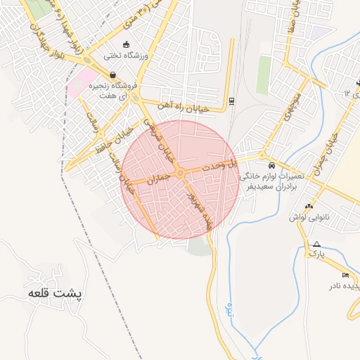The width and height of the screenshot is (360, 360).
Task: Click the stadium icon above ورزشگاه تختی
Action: pos(127,44)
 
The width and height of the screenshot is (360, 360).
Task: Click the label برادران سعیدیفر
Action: pos(267,188)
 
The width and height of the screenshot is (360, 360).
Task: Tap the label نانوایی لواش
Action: pos(307,217)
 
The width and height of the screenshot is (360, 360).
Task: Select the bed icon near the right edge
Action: pos(345,274)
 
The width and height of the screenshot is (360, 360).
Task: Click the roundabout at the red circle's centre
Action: pos(180,173)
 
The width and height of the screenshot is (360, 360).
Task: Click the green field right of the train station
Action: pos(264,74)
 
